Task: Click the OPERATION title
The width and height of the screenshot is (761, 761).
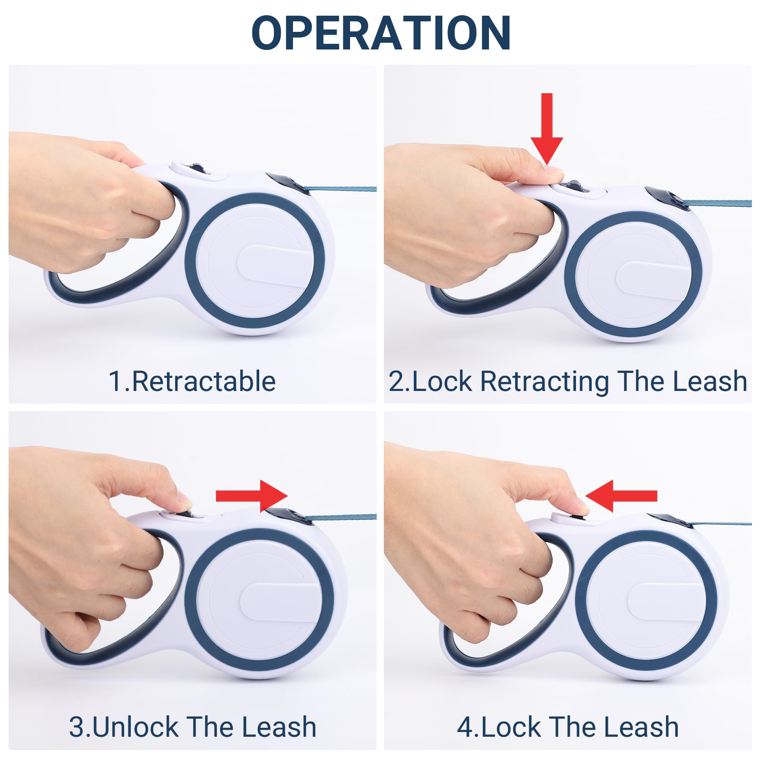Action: tap(381, 33)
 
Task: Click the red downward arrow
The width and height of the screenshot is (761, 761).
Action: tap(547, 128)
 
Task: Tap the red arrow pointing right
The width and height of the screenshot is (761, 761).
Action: tap(252, 496)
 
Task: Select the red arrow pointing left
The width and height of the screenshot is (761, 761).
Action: tap(621, 496)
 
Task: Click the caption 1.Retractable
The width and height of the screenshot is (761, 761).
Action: tap(192, 381)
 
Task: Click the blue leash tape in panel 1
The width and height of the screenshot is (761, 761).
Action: tap(340, 189)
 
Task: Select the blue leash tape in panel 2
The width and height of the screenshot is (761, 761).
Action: tap(718, 204)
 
